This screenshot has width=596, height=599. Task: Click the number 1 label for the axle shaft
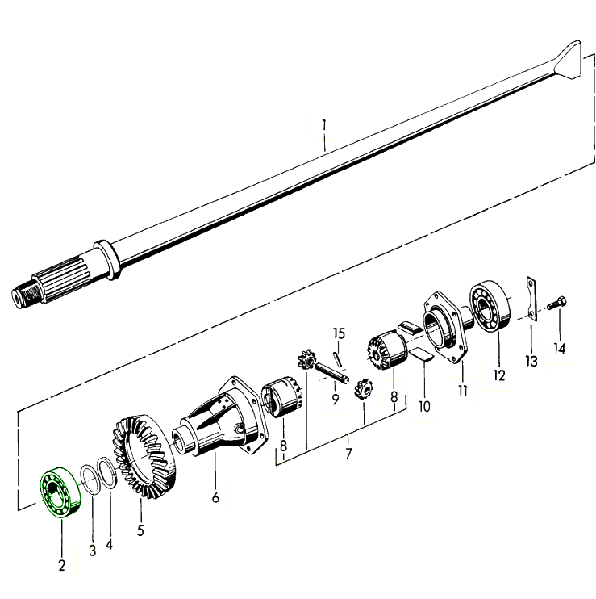(324, 126)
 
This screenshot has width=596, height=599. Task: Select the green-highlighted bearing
(60, 492)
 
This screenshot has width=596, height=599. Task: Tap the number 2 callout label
(62, 565)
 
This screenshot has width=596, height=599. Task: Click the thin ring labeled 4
(107, 472)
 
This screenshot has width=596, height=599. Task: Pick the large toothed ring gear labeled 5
(144, 456)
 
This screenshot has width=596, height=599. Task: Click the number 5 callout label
(140, 530)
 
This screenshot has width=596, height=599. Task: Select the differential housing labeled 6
(220, 417)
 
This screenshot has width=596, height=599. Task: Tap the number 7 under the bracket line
(348, 454)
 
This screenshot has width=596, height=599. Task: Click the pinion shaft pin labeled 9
(332, 371)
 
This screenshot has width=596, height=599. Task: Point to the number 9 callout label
(336, 400)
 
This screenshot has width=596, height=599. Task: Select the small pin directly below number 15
(338, 358)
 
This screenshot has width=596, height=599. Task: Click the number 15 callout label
(339, 333)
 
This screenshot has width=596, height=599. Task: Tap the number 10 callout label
(424, 406)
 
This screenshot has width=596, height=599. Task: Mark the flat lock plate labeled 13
(531, 298)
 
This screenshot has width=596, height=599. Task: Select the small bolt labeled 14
(556, 304)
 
